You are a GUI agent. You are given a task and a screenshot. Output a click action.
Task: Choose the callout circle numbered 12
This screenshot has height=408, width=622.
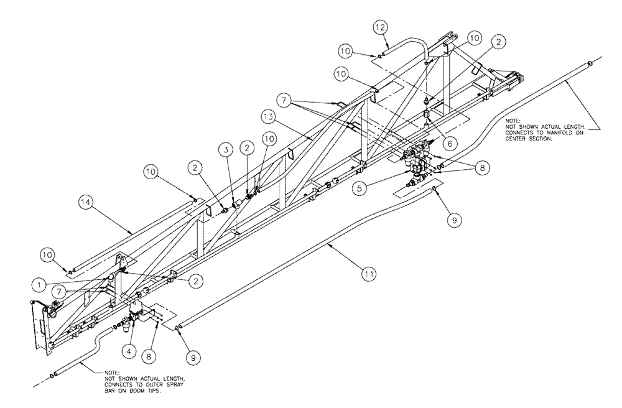point(381,27)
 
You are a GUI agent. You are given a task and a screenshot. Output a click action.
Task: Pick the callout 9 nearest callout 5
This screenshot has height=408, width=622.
point(452,220)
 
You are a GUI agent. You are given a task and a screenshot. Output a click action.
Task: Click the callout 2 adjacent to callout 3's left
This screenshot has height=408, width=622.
point(196,167)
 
